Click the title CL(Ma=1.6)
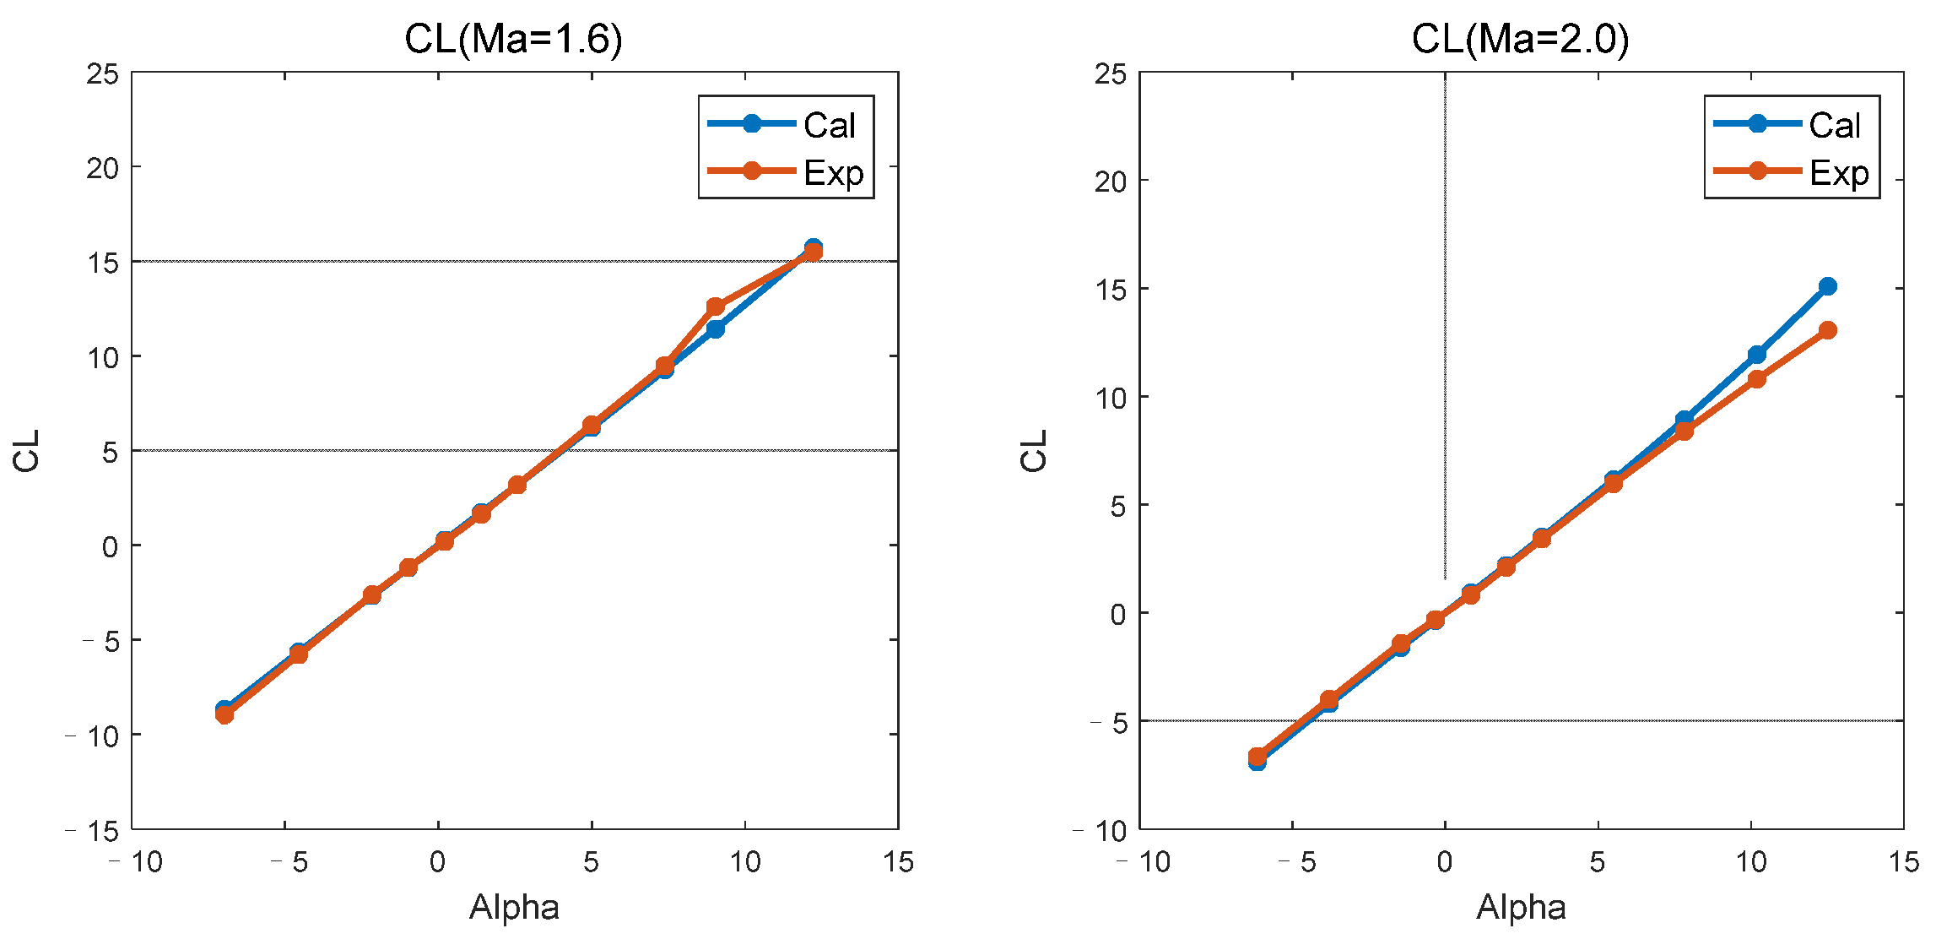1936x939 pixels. point(513,39)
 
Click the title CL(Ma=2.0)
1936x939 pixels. point(1520,39)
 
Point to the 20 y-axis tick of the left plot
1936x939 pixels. point(102,168)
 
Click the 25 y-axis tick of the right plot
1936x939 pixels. point(1110,74)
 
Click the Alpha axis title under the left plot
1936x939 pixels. point(514,908)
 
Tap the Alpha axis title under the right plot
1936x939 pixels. point(1521,908)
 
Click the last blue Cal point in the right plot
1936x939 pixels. point(1828,286)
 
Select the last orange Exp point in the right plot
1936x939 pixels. point(1828,330)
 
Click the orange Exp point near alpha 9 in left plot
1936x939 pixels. point(716,306)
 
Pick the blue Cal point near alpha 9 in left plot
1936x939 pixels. point(716,328)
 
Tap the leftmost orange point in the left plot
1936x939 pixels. point(224,714)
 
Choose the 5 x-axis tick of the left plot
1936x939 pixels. point(591,862)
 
